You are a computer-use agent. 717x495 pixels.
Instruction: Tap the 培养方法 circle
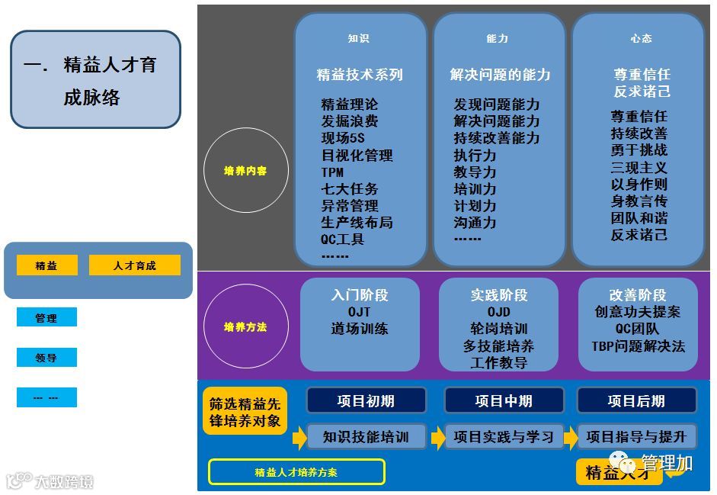[x=245, y=327]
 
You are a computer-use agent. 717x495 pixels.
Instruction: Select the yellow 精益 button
[x=46, y=265]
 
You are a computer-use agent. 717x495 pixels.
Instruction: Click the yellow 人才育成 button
[x=134, y=265]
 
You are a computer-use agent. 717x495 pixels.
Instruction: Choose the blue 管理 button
[x=46, y=318]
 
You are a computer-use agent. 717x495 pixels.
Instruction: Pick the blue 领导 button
[x=46, y=358]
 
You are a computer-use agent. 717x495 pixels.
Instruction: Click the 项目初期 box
[x=366, y=400]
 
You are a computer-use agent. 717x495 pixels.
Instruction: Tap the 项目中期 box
[x=504, y=400]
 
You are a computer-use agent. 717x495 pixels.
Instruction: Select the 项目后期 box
[x=636, y=400]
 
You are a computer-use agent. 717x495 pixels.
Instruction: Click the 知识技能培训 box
[x=366, y=437]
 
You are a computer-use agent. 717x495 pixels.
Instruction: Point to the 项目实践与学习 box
[x=504, y=437]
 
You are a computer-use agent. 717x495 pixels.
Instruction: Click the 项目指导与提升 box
[x=636, y=437]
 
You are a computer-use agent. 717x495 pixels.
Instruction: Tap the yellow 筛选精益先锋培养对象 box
[x=245, y=412]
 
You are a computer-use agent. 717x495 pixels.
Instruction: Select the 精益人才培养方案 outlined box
[x=296, y=472]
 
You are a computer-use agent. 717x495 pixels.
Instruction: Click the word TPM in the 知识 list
[x=333, y=172]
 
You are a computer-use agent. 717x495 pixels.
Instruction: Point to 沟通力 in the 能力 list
[x=475, y=223]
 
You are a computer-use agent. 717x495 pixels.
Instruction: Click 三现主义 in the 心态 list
[x=639, y=167]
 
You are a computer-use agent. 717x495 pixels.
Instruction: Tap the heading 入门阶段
[x=360, y=295]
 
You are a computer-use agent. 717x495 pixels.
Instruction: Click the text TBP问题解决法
[x=638, y=346]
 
